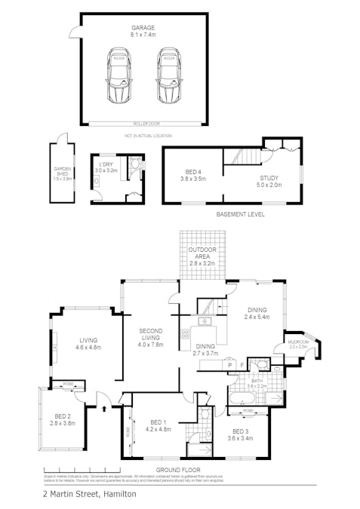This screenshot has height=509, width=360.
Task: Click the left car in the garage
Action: click(x=119, y=76)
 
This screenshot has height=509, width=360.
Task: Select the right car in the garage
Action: click(x=168, y=76)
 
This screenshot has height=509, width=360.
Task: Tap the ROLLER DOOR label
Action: click(x=143, y=124)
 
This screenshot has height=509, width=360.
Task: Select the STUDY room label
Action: click(x=269, y=178)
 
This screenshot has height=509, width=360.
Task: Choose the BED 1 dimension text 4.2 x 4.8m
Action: click(x=158, y=429)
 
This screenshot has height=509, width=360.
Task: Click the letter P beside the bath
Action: click(x=229, y=364)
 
